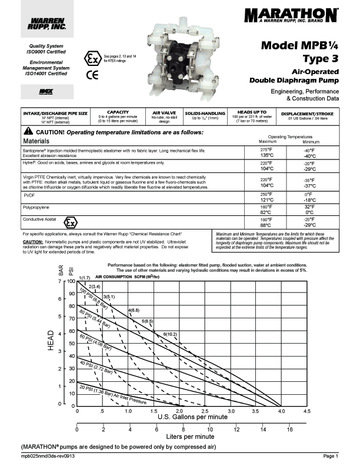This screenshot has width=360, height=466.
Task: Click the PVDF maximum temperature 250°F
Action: click(x=268, y=195)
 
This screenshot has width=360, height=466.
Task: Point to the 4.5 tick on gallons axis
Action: click(x=307, y=412)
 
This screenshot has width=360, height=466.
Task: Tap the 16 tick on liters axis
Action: click(x=289, y=430)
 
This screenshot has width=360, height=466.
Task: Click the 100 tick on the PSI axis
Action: click(x=71, y=281)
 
